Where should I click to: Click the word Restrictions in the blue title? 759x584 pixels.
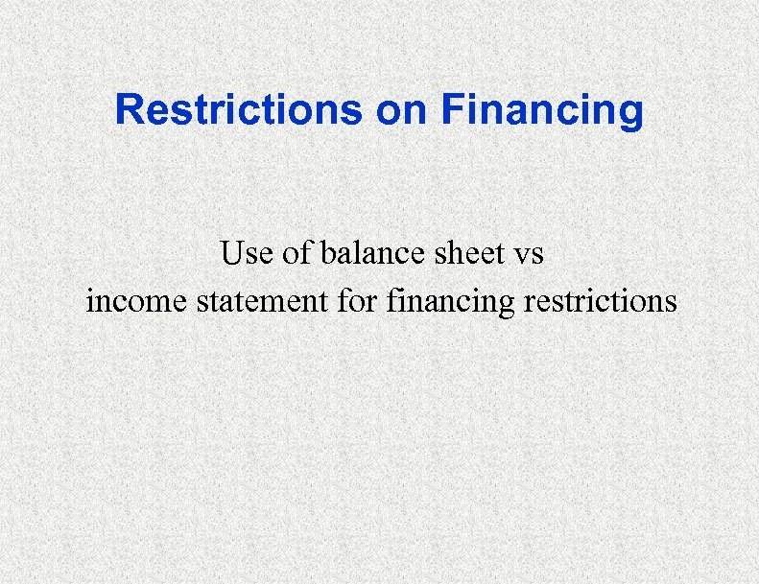(x=239, y=110)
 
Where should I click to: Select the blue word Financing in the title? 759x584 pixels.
(x=542, y=112)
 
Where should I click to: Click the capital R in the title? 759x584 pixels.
(x=128, y=110)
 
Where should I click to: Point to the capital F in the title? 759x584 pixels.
(x=451, y=110)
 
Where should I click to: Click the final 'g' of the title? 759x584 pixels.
(x=632, y=114)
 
